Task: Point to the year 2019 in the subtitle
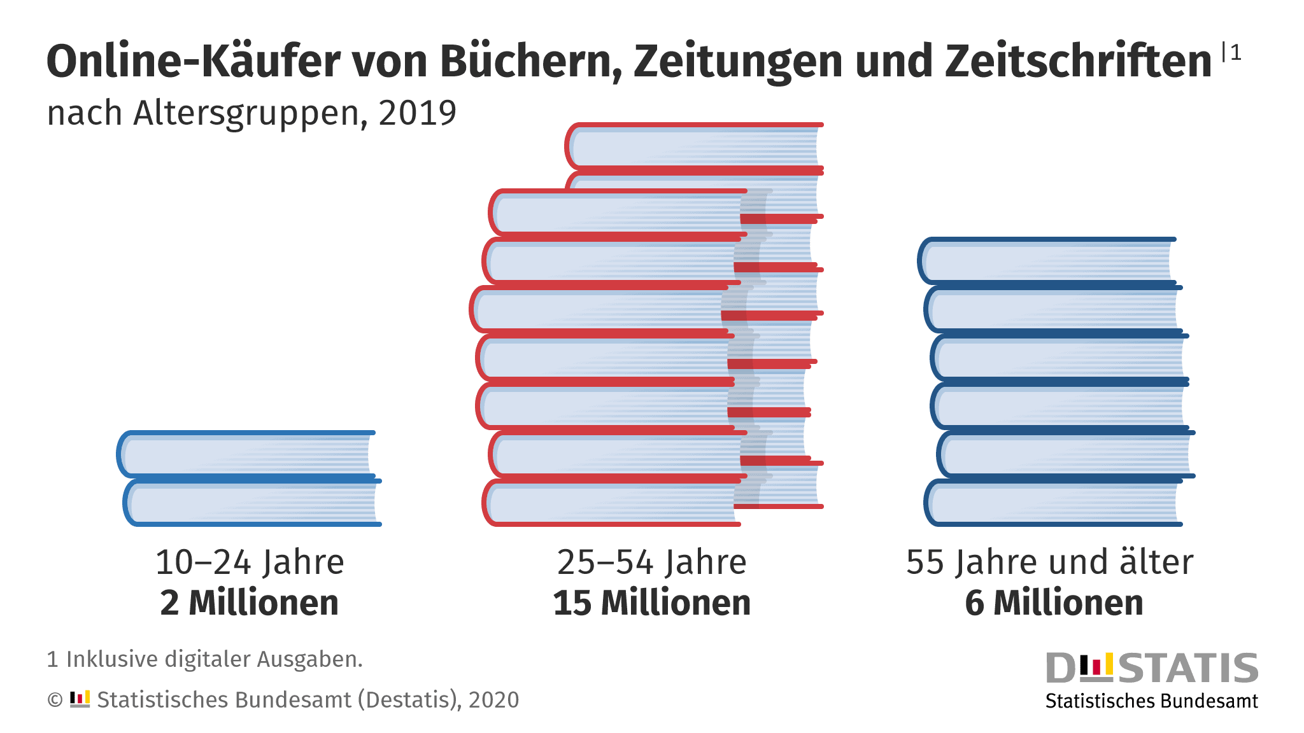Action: tap(418, 113)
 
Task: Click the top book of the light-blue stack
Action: tap(247, 454)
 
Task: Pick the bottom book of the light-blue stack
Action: tap(251, 503)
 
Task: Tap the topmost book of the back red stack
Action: tap(694, 147)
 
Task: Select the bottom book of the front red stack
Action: tap(611, 503)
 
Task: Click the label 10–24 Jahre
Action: tap(250, 562)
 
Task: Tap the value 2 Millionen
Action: tap(250, 603)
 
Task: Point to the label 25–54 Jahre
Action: tap(651, 562)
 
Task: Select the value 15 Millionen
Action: tap(651, 603)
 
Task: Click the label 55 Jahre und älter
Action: tap(1049, 562)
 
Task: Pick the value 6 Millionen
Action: tap(1054, 603)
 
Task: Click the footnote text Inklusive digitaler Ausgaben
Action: tap(214, 659)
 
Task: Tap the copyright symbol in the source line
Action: tap(55, 700)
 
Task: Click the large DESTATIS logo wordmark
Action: tap(1152, 668)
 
